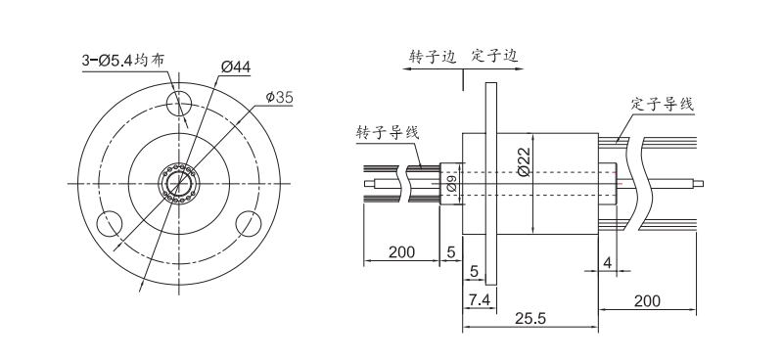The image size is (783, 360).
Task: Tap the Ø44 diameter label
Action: pyautogui.click(x=236, y=66)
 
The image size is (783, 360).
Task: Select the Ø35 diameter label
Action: pyautogui.click(x=279, y=97)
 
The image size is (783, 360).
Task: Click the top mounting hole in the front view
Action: pyautogui.click(x=181, y=103)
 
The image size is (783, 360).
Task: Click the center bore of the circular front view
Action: pyautogui.click(x=181, y=183)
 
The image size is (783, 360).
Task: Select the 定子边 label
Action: pyautogui.click(x=494, y=57)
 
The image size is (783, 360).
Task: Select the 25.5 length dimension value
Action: pyautogui.click(x=530, y=317)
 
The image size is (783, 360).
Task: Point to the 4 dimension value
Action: pyautogui.click(x=608, y=263)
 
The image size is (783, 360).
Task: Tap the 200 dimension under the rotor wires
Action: pyautogui.click(x=401, y=251)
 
